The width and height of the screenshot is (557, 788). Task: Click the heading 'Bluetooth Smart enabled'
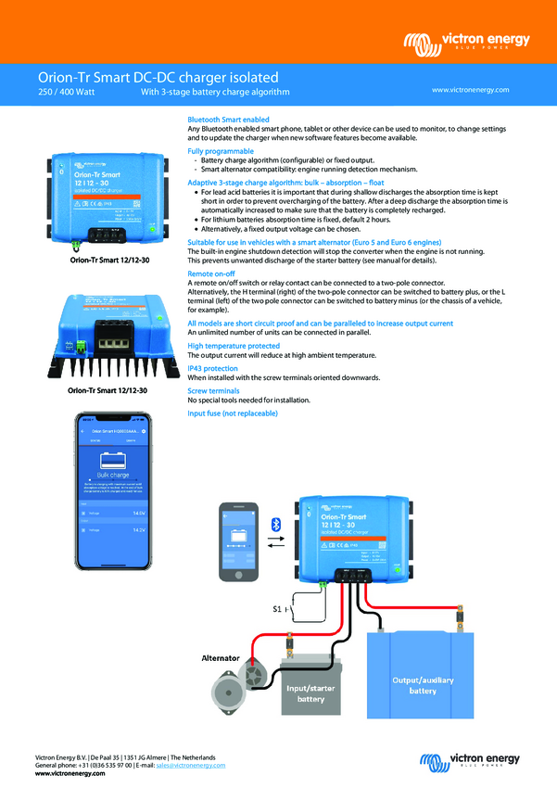coord(228,120)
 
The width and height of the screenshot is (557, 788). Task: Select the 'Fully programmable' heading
coord(221,149)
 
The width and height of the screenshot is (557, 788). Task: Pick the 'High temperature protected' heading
coord(233,346)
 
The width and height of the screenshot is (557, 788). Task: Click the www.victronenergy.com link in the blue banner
coord(471,90)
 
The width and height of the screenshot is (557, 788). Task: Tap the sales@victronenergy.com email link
coord(190,765)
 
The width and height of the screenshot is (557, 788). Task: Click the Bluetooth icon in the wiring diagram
coord(274,525)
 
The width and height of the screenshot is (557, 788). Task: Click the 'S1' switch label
coord(278,609)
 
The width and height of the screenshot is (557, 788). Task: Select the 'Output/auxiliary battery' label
coord(424,685)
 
